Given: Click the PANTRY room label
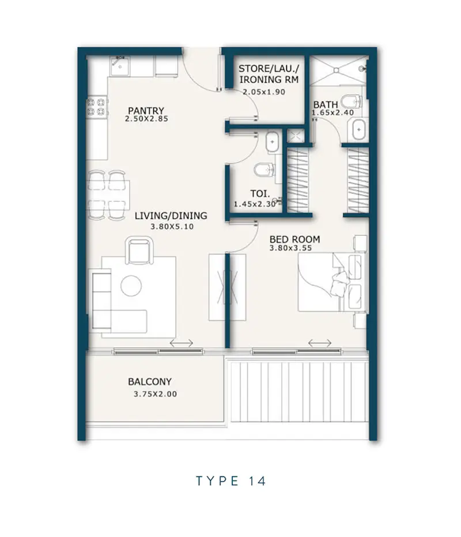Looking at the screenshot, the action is point(146,111).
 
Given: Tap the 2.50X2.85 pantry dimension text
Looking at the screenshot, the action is point(146,119).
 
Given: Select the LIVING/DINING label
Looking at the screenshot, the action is point(171,216).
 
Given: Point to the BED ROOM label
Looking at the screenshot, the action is point(294,239).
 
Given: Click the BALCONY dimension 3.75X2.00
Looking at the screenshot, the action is point(156,394).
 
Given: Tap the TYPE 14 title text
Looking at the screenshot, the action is point(231,481).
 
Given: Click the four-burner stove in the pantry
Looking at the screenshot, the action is point(96,107).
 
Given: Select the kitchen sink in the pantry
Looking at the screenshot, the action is point(119,66).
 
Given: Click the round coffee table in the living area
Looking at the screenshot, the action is point(131,286).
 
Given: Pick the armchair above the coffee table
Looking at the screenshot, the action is point(139,250).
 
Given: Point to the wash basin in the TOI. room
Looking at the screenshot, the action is point(272,141).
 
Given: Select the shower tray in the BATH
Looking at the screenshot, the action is point(337,70).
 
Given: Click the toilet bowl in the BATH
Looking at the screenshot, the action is point(351,101).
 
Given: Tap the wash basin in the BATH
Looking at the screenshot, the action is point(358,129).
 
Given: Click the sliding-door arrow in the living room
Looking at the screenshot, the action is point(182,343).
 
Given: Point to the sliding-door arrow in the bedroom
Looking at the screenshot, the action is point(320,343).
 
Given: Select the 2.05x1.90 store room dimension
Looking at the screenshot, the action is point(264,92).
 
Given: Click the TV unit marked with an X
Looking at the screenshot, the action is point(227,287).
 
